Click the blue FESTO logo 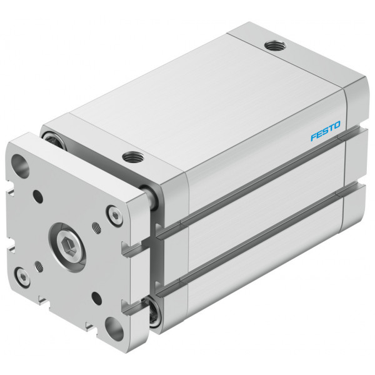[326, 131]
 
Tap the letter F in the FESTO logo [314, 137]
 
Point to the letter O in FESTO [336, 125]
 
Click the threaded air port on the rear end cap [275, 45]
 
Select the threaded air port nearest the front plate [133, 157]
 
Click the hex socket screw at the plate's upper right [114, 216]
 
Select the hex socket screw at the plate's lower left [22, 277]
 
